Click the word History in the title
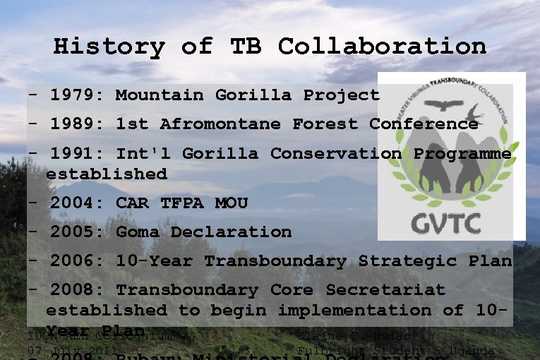(109, 47)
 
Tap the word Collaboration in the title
(382, 47)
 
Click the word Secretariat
(385, 290)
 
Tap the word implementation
(363, 310)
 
